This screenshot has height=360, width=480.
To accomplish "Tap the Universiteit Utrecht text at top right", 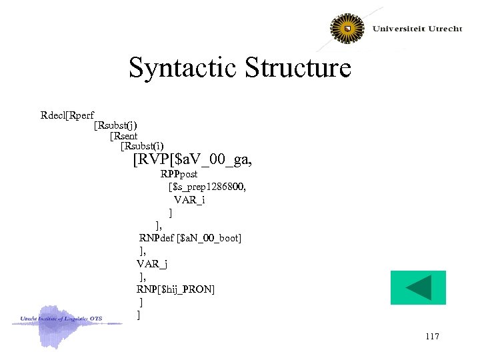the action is click(417, 29).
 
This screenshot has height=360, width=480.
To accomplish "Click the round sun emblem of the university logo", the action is click(347, 29).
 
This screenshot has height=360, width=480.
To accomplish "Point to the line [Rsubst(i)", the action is click(142, 145).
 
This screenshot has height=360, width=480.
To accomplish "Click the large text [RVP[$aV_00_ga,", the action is click(193, 160).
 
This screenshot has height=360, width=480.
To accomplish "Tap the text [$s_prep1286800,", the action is click(207, 187).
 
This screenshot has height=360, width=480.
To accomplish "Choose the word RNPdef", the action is click(157, 237).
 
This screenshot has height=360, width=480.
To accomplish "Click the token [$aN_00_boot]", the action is click(209, 237).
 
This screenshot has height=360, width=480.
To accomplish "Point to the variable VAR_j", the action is click(153, 263).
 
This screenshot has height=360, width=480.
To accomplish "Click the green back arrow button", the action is click(418, 288).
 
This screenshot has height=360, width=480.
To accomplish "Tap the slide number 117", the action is click(431, 337).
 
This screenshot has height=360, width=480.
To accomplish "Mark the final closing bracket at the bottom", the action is click(138, 314).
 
